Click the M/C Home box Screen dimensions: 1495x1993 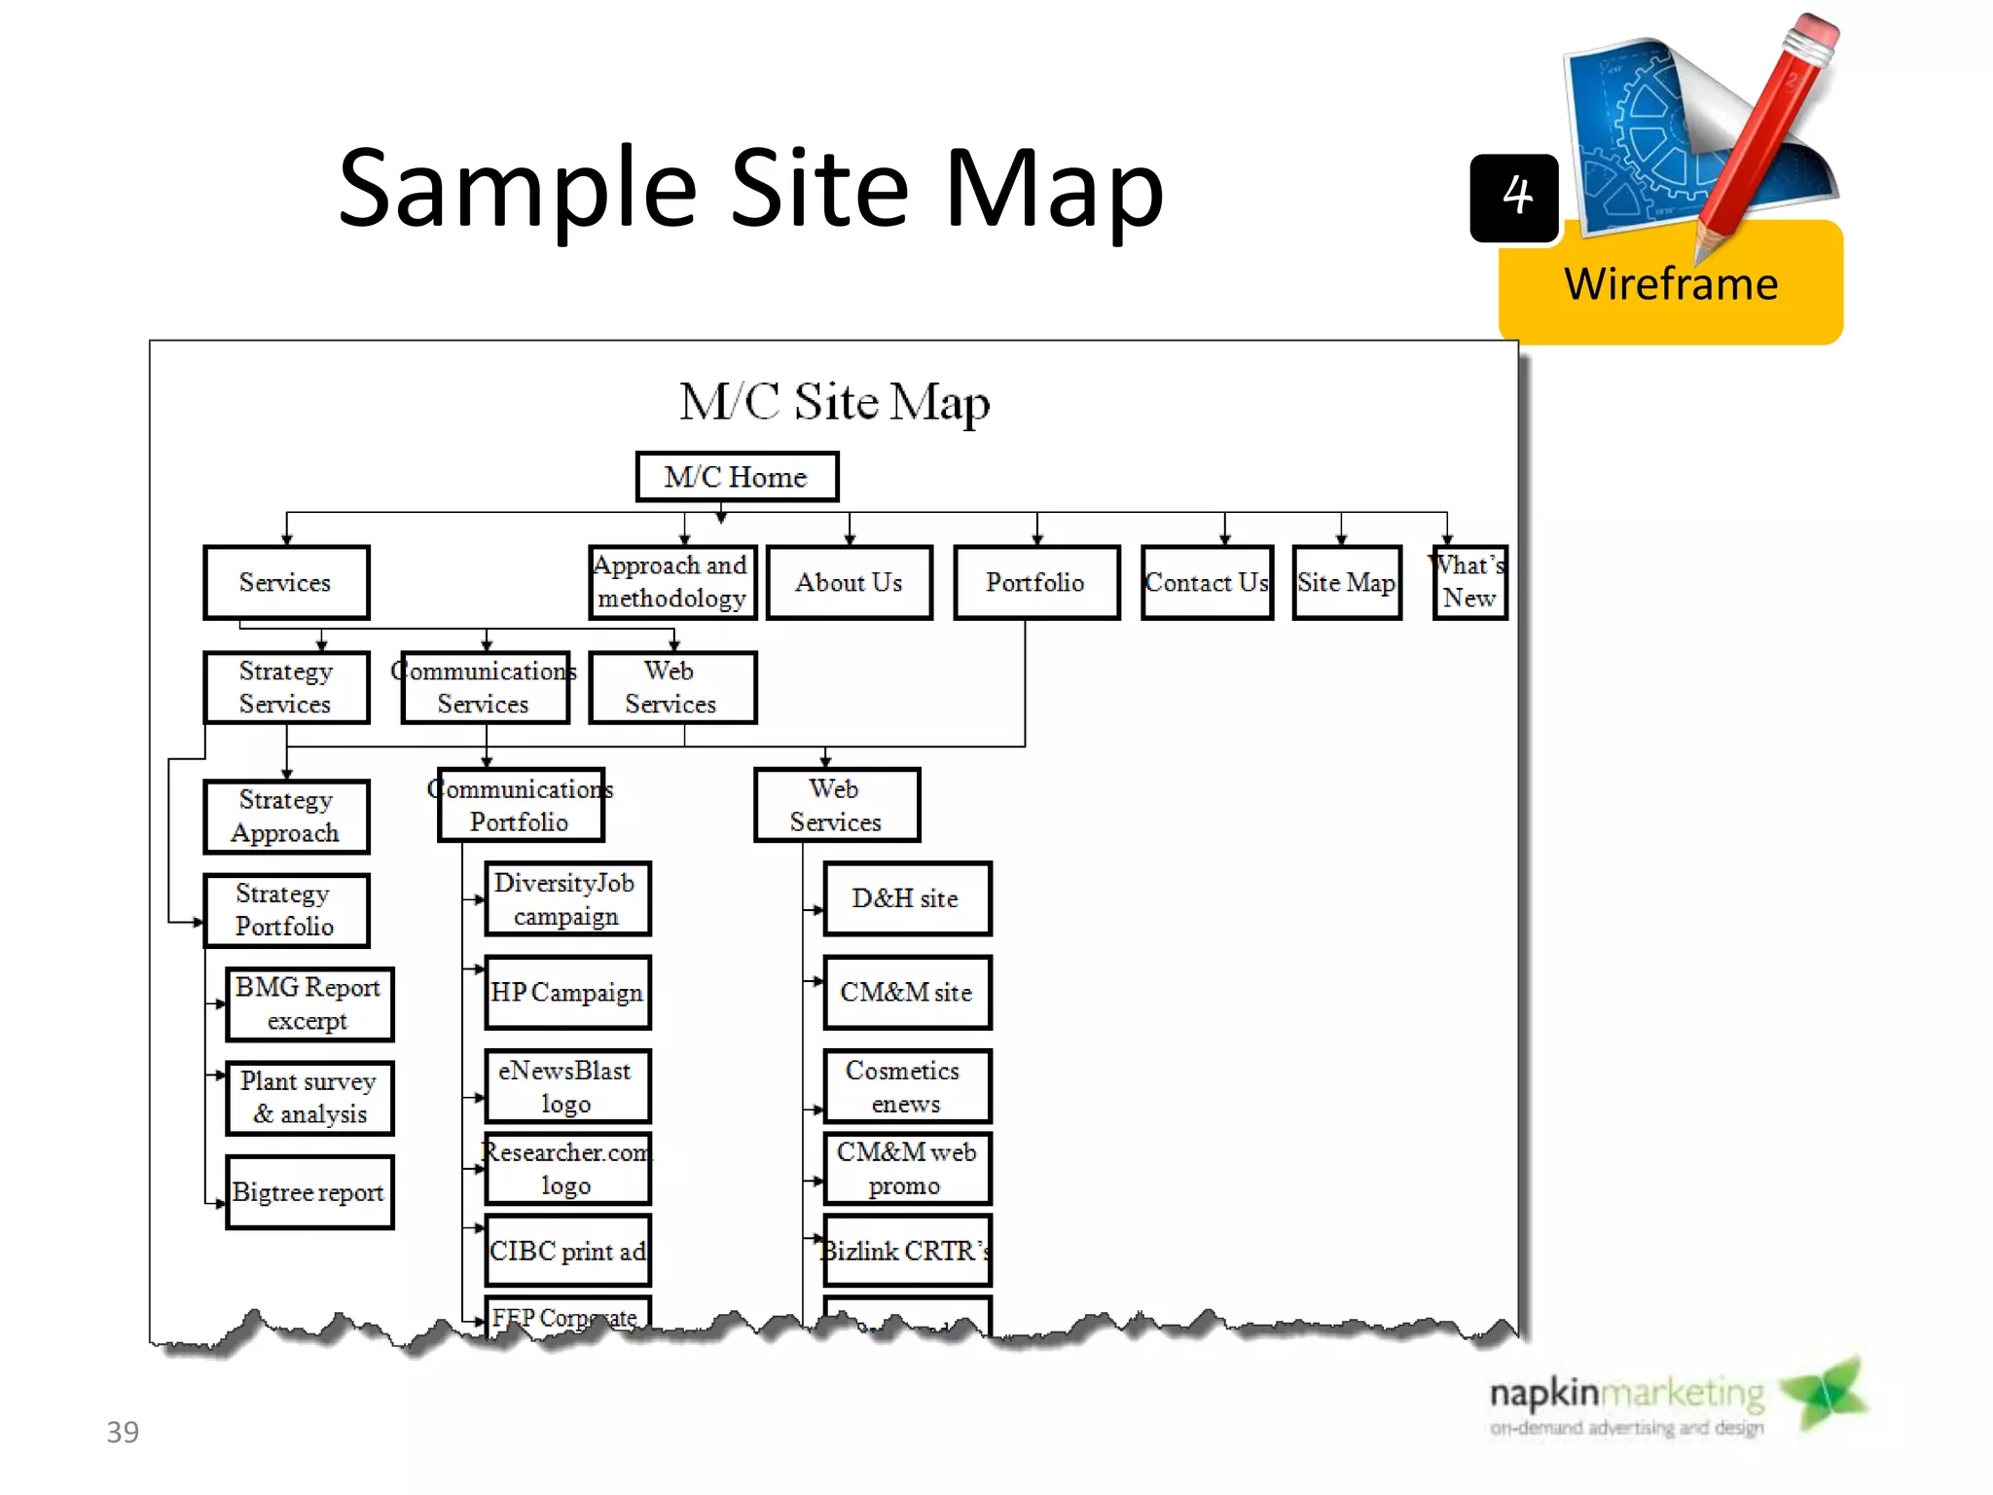(x=737, y=477)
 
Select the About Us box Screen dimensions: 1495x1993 (x=849, y=582)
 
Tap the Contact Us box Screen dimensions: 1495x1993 (x=1207, y=582)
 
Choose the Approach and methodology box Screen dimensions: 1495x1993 (x=671, y=582)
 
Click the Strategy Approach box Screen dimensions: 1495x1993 (x=286, y=817)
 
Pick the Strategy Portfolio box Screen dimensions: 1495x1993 (x=286, y=910)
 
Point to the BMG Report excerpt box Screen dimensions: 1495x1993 (x=309, y=1003)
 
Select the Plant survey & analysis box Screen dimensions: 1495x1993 (x=309, y=1098)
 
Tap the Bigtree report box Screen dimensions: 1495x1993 (x=309, y=1192)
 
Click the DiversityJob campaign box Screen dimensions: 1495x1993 (x=567, y=898)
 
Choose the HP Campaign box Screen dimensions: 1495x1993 (x=567, y=993)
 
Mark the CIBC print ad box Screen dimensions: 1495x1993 (x=567, y=1251)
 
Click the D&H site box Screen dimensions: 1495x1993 (x=907, y=898)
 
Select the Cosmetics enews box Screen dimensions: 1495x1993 (x=907, y=1086)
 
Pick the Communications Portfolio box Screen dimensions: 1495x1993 (x=521, y=805)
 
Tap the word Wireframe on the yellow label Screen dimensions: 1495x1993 (x=1671, y=284)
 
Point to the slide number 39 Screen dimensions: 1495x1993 (x=123, y=1432)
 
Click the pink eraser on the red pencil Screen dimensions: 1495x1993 (x=1812, y=35)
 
